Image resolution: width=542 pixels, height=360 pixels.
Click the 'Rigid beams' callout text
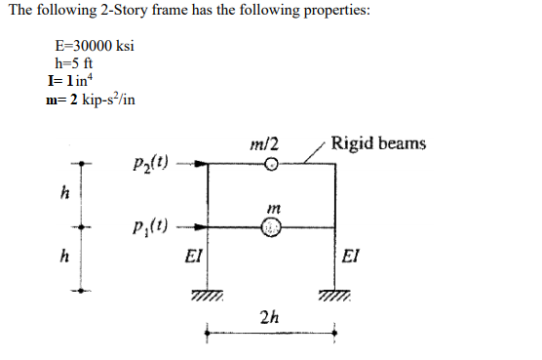click(x=379, y=143)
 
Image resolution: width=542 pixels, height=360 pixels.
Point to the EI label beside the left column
click(x=193, y=257)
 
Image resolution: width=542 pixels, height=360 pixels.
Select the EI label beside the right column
click(x=355, y=257)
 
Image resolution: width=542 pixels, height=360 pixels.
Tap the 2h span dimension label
click(x=271, y=316)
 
